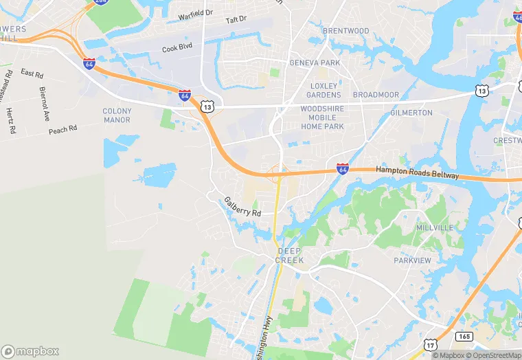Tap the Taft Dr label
[236, 21]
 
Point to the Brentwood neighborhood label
[345, 31]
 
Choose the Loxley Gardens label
[323, 90]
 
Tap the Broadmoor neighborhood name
[376, 95]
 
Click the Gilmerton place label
[411, 113]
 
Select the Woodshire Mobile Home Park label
[322, 117]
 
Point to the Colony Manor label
[117, 115]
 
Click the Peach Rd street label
[63, 129]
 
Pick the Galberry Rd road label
[242, 207]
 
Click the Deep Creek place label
[289, 256]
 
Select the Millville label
[434, 227]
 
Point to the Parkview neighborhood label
[412, 261]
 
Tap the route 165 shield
[464, 337]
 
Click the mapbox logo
[30, 351]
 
